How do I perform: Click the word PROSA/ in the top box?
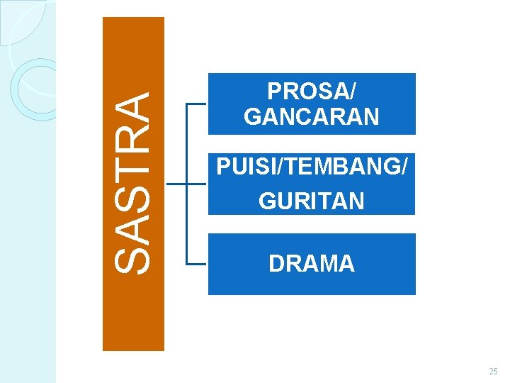click(312, 91)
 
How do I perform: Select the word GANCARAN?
click(312, 116)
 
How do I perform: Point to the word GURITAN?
click(312, 201)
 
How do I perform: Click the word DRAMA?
click(312, 264)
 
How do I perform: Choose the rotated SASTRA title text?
click(133, 184)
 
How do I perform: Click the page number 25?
click(493, 372)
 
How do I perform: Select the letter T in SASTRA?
click(133, 175)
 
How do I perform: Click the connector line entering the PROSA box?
click(195, 104)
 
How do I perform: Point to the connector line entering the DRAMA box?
click(195, 264)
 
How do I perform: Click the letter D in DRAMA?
click(276, 264)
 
